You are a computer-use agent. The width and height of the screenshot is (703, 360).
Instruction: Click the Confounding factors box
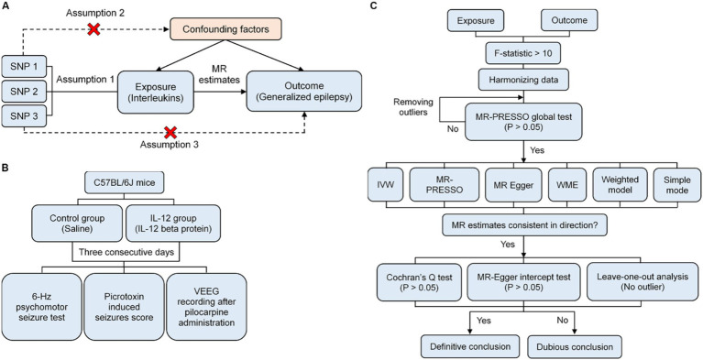coord(225,28)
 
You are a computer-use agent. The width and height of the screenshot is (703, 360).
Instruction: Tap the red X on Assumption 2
coord(93,29)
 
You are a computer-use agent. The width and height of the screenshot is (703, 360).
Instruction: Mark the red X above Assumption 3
coord(170,132)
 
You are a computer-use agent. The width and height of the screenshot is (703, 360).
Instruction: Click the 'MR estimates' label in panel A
coord(222,75)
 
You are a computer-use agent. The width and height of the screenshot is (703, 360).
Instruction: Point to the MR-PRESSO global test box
coord(523,122)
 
